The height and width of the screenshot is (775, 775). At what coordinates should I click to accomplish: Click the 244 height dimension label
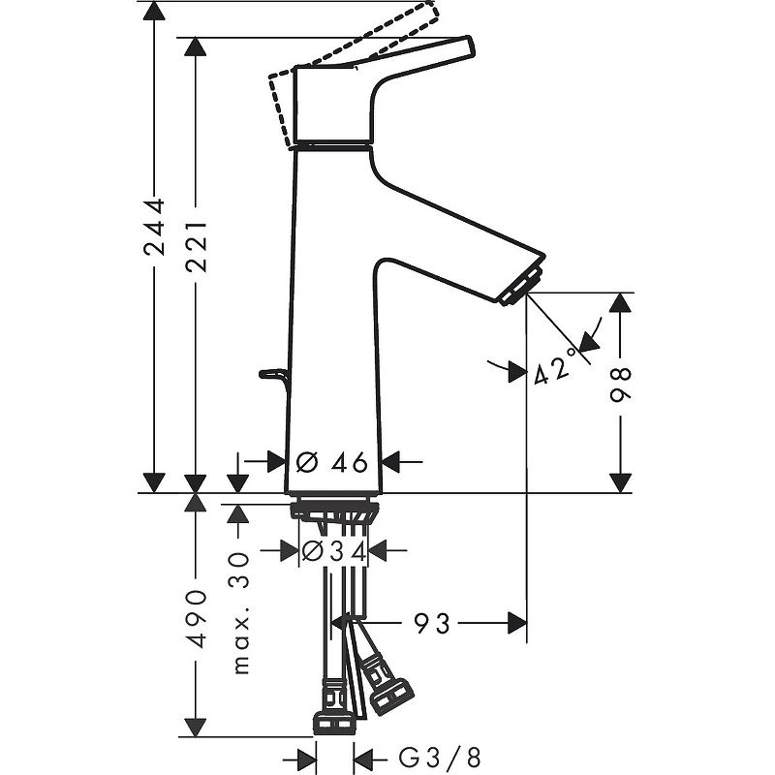[x=154, y=229]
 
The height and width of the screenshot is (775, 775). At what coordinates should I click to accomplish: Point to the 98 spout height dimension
[x=620, y=386]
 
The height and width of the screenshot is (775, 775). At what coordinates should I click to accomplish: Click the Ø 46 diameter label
[x=331, y=462]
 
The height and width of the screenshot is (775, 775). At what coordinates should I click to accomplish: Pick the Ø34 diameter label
[x=333, y=551]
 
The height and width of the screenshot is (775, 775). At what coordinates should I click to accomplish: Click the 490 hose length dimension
[x=197, y=617]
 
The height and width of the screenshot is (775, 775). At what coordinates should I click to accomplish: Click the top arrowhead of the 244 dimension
[x=154, y=12]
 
